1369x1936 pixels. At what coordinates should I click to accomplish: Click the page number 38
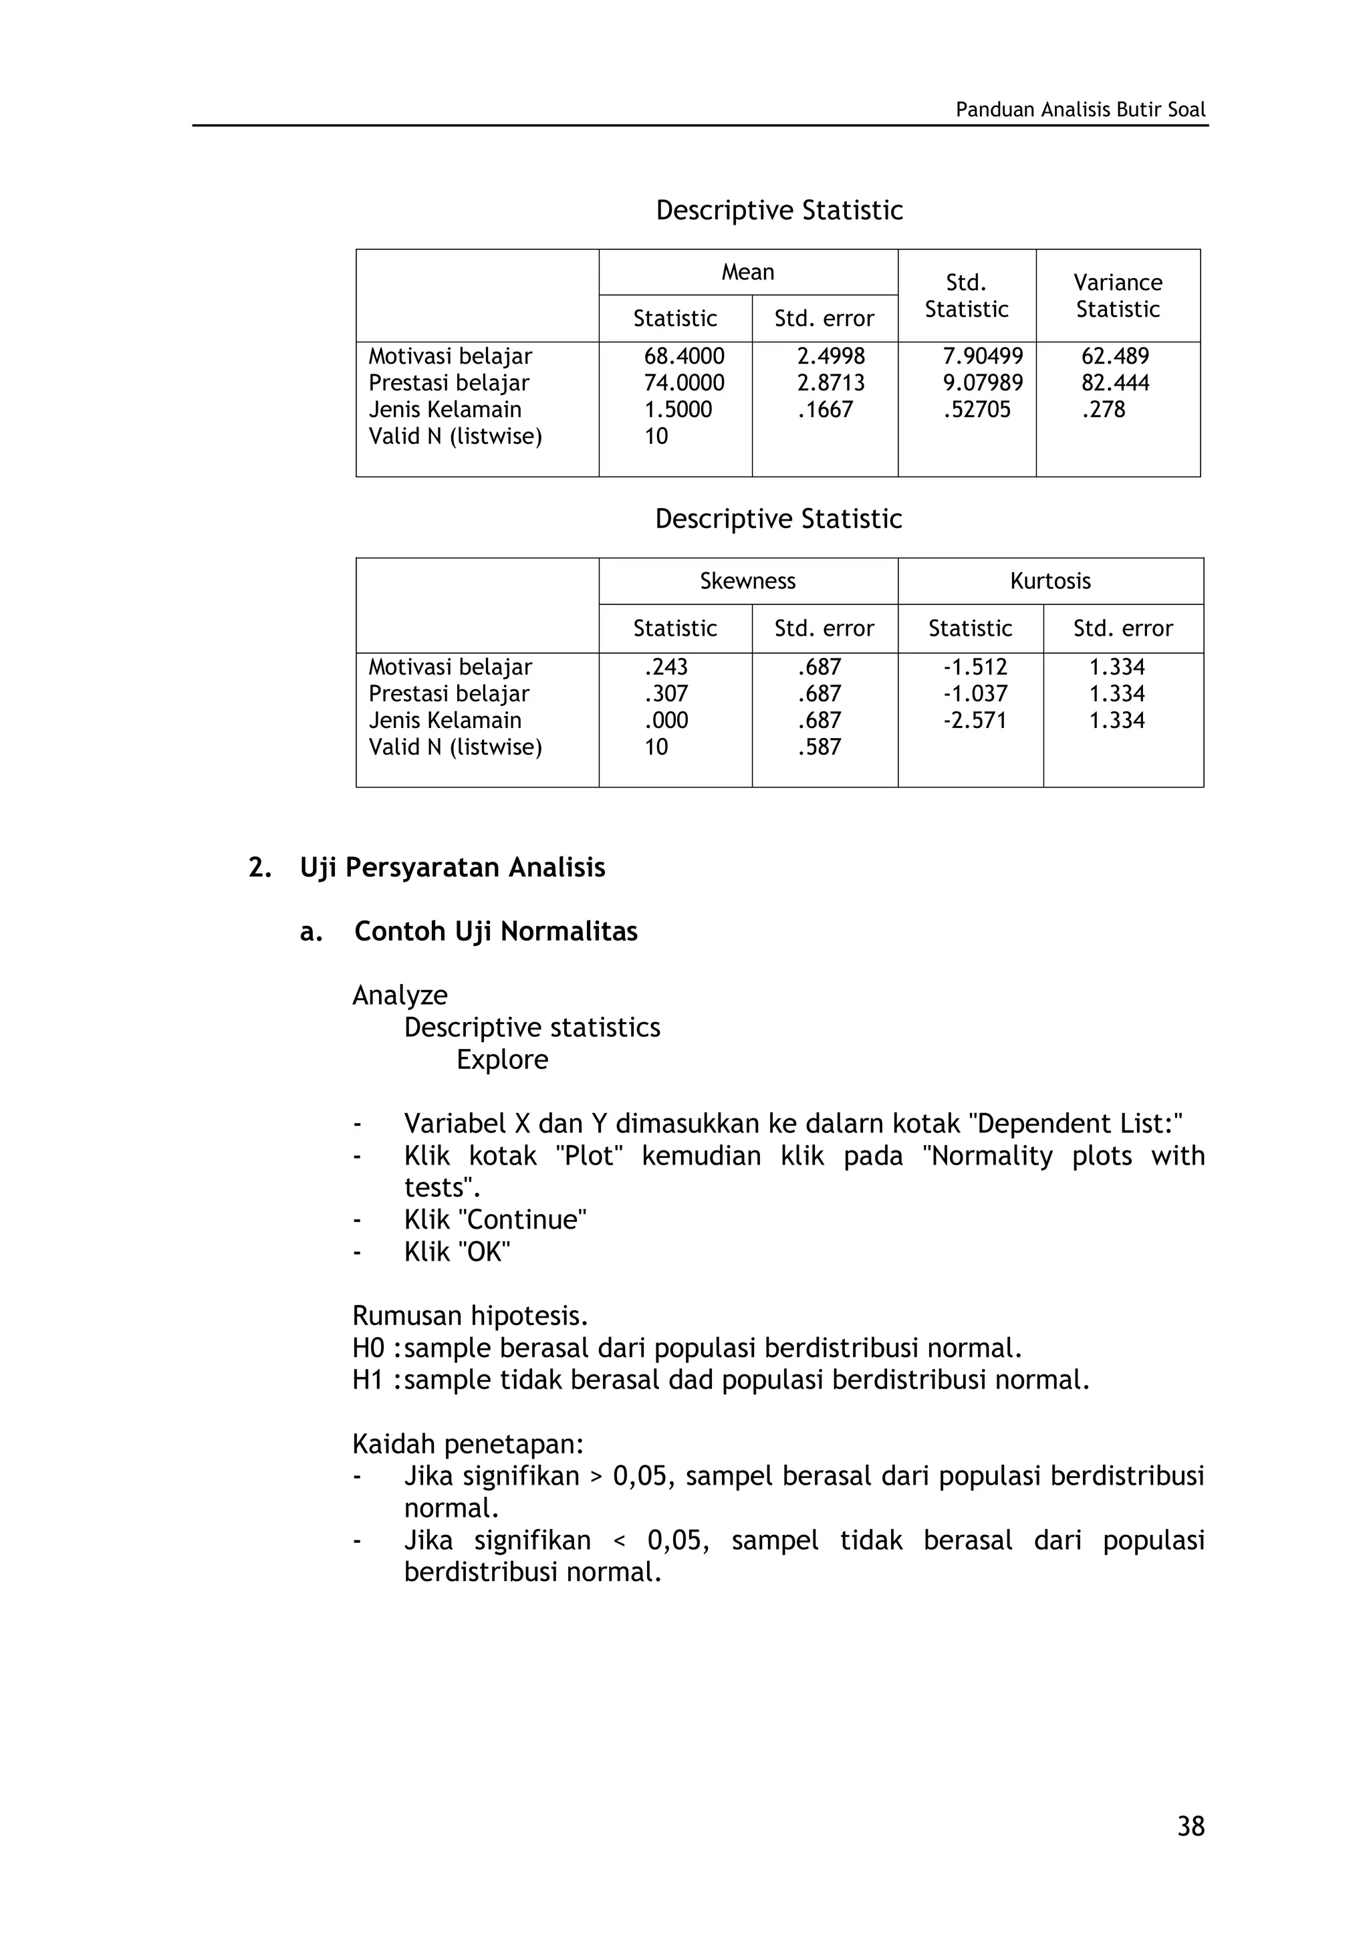pos(1191,1826)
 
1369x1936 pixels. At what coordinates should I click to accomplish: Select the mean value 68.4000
pos(684,356)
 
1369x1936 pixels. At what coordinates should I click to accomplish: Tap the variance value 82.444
pos(1114,383)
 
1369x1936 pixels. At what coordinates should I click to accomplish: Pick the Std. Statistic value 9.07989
pos(982,383)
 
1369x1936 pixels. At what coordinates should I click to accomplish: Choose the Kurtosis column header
pos(1049,581)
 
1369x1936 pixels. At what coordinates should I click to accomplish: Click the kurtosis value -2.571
pos(975,720)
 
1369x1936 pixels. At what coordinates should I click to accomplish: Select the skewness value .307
pos(666,693)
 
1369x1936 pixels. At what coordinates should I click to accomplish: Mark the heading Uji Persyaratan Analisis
pos(452,868)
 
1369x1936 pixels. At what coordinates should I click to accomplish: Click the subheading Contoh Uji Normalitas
pos(496,932)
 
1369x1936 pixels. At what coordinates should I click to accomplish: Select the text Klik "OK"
pos(457,1252)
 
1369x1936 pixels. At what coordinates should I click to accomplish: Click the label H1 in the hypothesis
pos(368,1380)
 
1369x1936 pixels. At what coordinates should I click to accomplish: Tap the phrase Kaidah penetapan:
pos(468,1445)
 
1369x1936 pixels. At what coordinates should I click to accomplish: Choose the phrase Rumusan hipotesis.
pos(469,1316)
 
